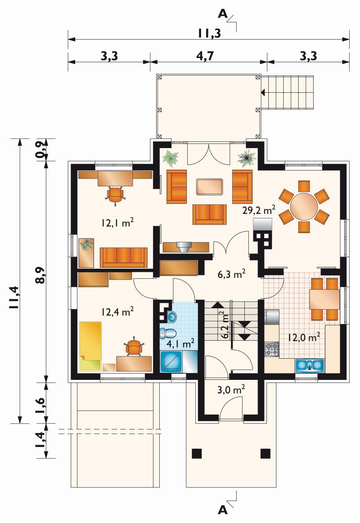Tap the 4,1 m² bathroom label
point(180,343)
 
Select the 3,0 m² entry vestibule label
point(231,389)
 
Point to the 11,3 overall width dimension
point(209,33)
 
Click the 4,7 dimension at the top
point(205,56)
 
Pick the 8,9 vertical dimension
point(40,275)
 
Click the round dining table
point(304,207)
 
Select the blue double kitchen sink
point(309,365)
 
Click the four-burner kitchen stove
point(272,349)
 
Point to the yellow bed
point(90,346)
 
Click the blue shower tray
point(171,361)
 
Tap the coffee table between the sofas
point(209,187)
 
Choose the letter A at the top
point(222,14)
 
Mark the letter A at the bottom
point(222,509)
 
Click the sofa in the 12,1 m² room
point(123,257)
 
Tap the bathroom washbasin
point(172,316)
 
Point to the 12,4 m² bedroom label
point(117,312)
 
